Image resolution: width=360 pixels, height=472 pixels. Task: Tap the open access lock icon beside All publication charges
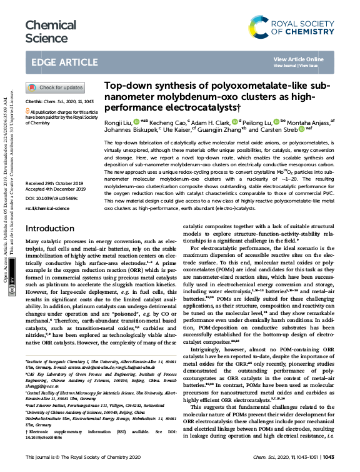(27, 111)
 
